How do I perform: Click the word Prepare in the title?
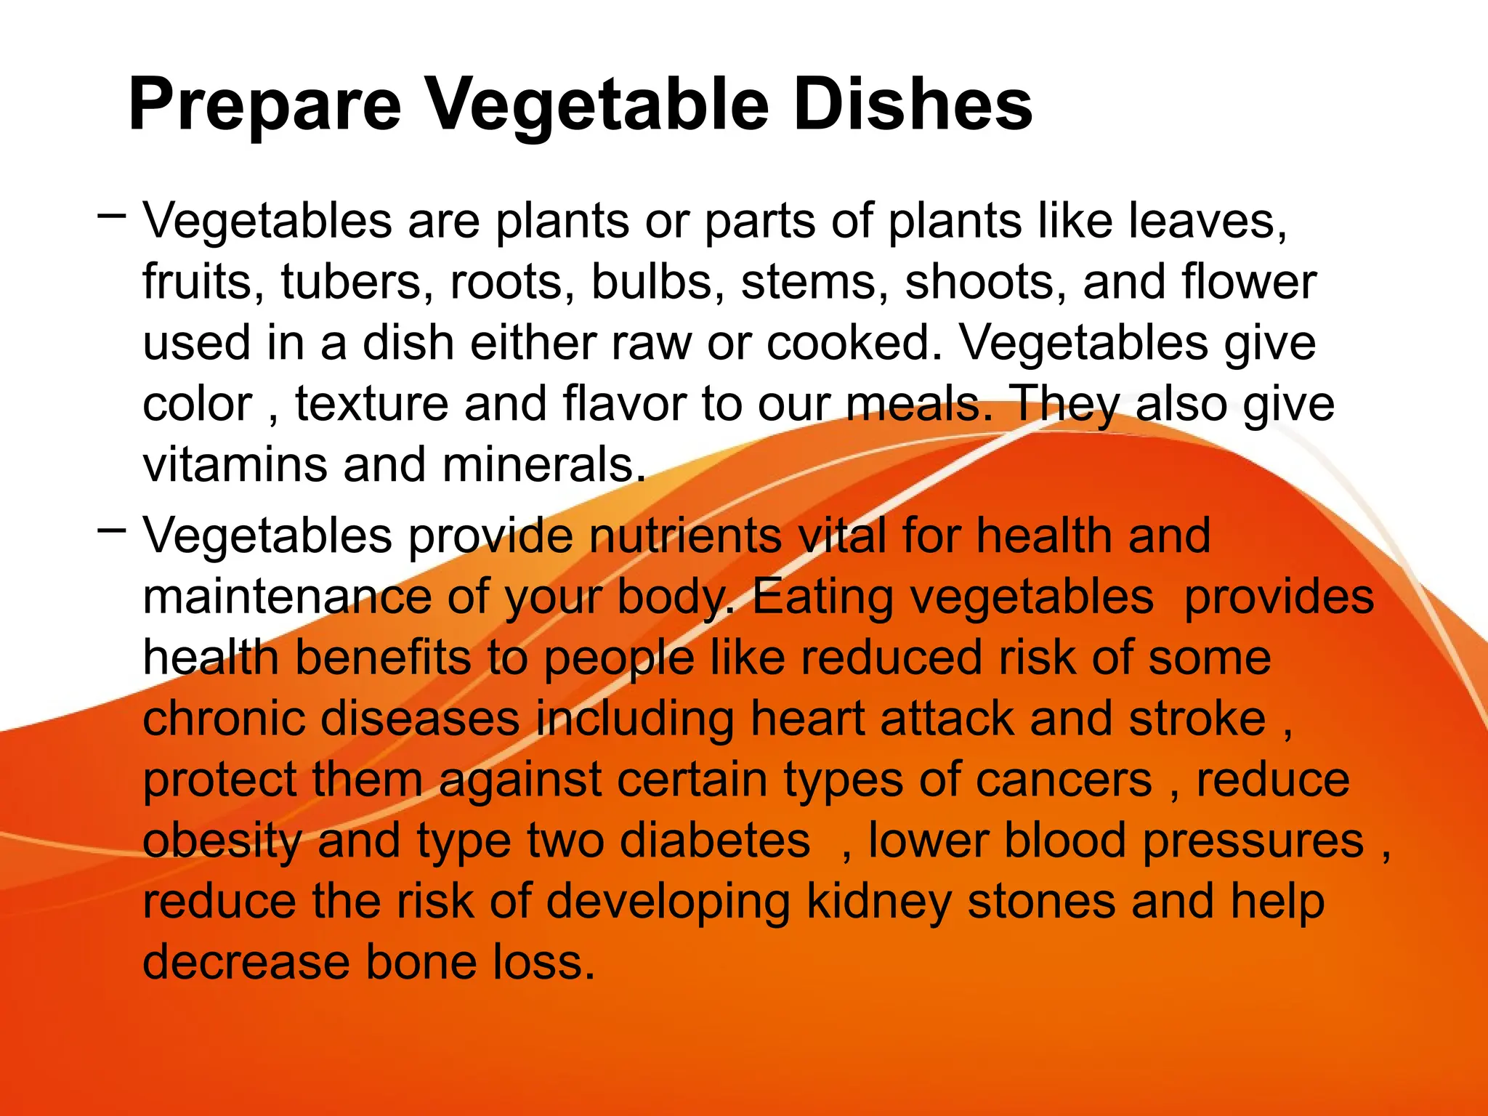tap(264, 106)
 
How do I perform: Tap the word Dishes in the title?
tap(912, 106)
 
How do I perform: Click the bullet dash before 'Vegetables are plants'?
tap(111, 215)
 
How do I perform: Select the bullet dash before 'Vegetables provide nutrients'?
tap(111, 530)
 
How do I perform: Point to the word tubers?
tap(352, 282)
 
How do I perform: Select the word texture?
tap(372, 404)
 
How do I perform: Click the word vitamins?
tap(235, 465)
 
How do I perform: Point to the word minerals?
tap(543, 465)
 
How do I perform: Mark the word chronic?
tap(223, 719)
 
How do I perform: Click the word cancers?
tap(1064, 780)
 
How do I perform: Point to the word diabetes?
tap(715, 841)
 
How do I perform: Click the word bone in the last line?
tap(421, 962)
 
